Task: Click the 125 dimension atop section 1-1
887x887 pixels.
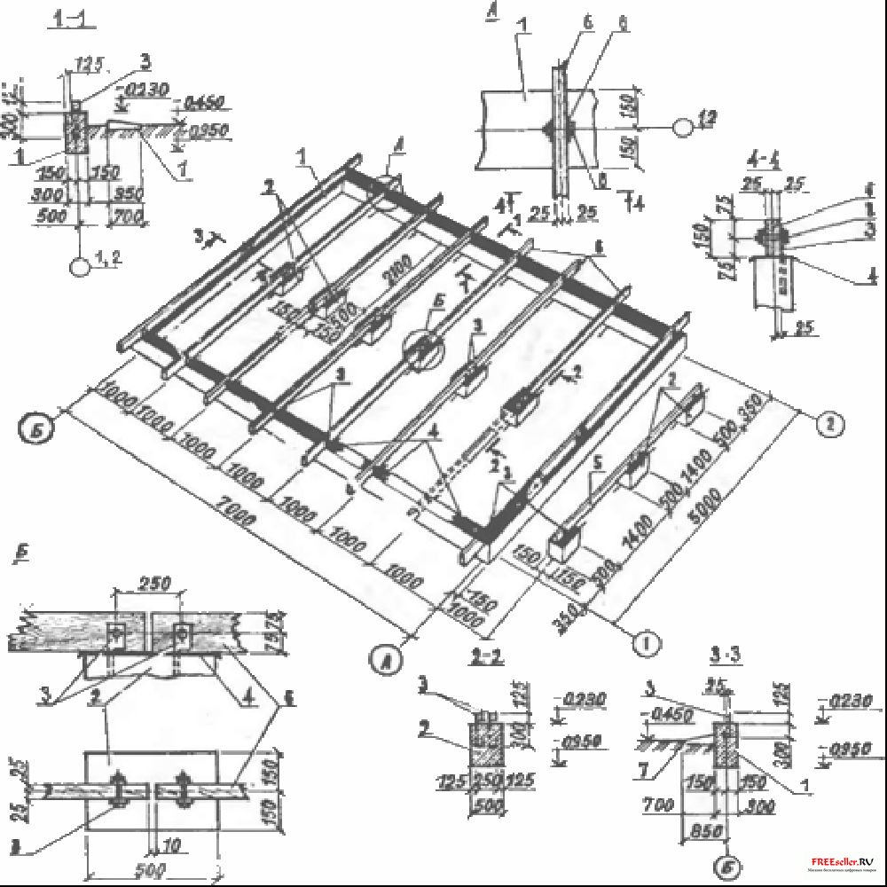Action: click(x=90, y=63)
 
